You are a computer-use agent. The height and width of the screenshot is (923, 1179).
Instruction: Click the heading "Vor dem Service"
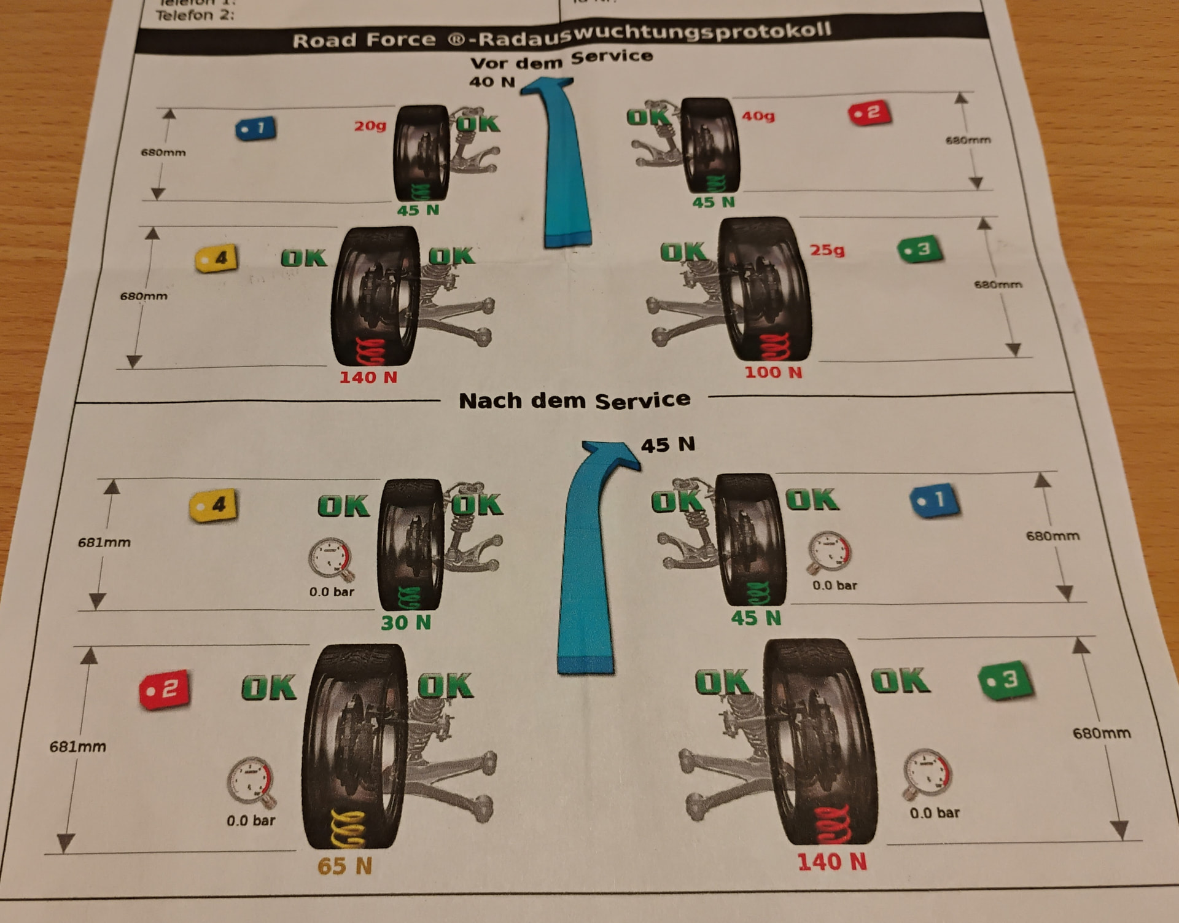(561, 60)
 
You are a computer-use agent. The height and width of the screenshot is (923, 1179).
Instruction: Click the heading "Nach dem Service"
(574, 400)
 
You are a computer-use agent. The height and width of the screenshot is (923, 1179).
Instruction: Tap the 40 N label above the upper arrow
(492, 82)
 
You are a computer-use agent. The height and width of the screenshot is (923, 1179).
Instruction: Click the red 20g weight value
(370, 126)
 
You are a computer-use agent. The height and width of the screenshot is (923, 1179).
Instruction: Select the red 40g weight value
(758, 115)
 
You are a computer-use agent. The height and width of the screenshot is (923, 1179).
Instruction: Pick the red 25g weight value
(827, 250)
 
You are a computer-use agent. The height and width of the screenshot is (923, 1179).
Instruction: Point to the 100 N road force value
(773, 372)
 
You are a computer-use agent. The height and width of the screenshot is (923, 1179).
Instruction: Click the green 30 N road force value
(406, 623)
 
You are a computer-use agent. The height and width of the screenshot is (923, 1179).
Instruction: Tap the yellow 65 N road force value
(344, 866)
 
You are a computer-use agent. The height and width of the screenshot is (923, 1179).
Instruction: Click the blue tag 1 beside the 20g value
(255, 128)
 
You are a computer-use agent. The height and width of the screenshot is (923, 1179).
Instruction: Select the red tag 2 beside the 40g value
(870, 113)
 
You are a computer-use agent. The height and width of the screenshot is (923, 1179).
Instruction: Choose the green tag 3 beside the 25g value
(920, 249)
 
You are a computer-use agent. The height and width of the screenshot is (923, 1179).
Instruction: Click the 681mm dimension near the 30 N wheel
(104, 542)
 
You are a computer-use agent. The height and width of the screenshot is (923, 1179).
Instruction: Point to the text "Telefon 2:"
(195, 15)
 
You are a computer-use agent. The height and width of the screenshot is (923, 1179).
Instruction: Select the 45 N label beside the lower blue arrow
(667, 445)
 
